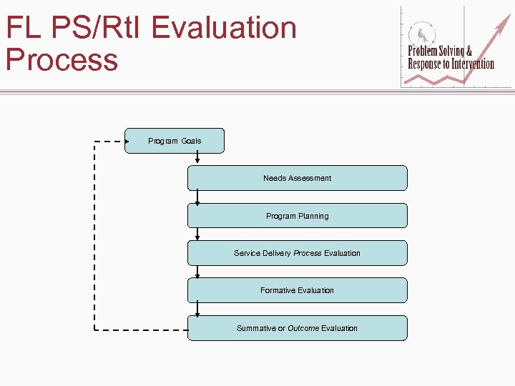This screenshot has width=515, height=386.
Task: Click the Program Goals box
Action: tap(175, 141)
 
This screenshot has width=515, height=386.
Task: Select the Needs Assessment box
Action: tap(297, 178)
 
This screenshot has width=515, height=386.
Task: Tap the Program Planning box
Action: tap(297, 216)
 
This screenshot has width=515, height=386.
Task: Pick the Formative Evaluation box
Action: tap(297, 290)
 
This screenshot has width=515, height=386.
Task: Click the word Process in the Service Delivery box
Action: tap(308, 253)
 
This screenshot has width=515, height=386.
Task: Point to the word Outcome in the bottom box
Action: tap(303, 328)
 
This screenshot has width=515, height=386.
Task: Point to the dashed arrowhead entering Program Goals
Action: tap(125, 142)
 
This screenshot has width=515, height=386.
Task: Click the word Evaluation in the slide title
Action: tap(225, 28)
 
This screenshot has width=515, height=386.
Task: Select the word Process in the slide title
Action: tap(62, 59)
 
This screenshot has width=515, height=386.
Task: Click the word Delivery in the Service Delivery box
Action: tap(278, 253)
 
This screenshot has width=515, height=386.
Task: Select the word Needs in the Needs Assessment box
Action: tap(274, 178)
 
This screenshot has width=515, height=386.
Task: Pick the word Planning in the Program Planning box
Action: tap(313, 216)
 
